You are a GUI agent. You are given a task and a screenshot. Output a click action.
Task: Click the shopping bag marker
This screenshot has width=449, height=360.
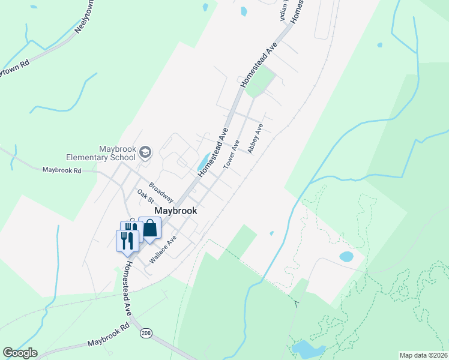coord(150,229)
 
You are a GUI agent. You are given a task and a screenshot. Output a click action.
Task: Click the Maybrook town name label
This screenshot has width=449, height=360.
coord(176,211)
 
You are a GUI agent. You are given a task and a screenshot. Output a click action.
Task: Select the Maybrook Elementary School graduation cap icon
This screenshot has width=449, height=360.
coord(144,153)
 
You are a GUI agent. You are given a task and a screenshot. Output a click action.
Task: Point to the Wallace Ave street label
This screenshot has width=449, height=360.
coord(163,250)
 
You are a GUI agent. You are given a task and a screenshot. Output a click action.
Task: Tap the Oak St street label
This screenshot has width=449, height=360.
coord(146,196)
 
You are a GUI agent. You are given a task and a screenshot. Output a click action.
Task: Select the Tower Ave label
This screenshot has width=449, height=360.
coord(232,154)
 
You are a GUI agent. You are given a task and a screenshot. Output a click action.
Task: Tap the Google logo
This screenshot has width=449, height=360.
coord(20,353)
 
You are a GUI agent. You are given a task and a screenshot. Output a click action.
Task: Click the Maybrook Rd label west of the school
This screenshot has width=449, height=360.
coord(62,170)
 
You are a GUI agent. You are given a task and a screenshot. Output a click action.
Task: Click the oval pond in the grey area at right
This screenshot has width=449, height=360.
coord(346,256)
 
